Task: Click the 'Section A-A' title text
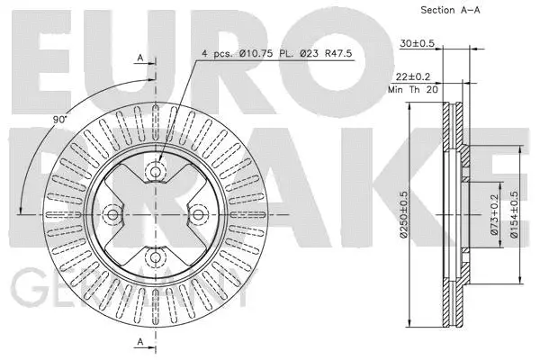point(450,10)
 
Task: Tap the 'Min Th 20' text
point(414,90)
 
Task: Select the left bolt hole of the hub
point(112,214)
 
